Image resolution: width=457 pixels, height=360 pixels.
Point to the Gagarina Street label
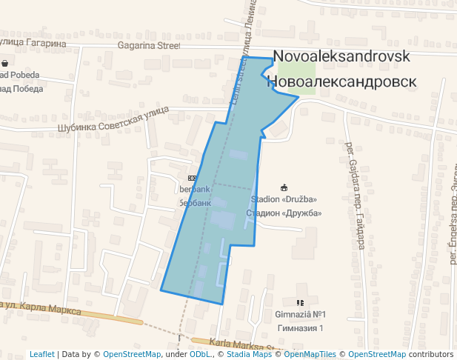coord(149,44)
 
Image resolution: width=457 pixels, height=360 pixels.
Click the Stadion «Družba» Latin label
coord(284,199)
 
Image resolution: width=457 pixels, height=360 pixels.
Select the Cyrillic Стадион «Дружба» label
coord(284,213)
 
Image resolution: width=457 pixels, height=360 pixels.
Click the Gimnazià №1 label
coord(300,315)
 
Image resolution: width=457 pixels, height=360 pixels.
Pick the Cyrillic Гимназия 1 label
coord(300,327)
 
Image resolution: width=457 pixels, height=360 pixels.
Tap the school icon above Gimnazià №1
coord(300,303)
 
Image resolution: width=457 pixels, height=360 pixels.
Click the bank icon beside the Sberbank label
coord(192,178)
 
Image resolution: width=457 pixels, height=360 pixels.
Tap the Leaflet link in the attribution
coord(41,354)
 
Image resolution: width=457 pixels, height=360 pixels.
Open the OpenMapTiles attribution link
coord(310,354)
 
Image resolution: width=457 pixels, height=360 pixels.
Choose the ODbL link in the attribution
coord(200,354)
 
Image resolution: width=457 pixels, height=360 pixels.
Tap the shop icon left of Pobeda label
coord(5,64)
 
